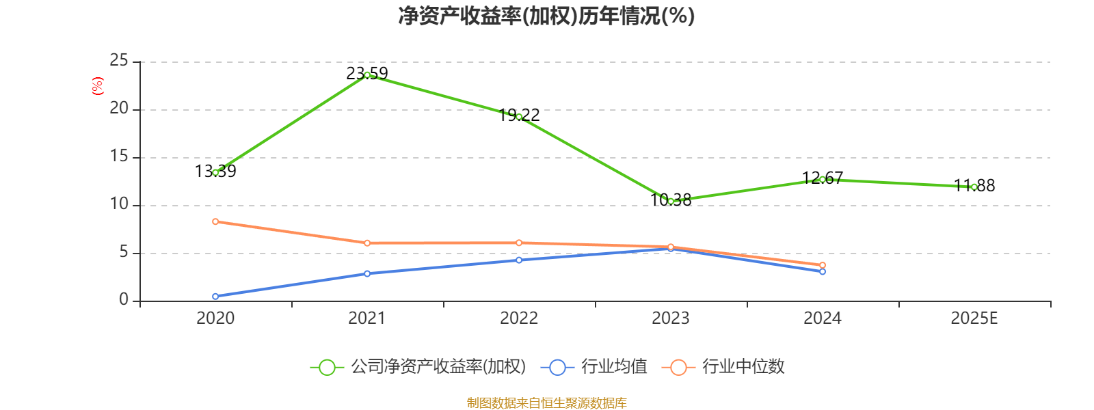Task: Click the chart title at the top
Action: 546,16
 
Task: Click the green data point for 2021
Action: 367,74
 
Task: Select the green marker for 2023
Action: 671,201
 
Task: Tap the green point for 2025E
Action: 974,187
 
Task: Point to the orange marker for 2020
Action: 215,221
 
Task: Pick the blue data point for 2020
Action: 215,296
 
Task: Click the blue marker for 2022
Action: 519,260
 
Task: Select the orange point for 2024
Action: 823,265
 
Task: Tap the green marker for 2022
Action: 519,117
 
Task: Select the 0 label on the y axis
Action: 124,300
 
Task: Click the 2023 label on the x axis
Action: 671,318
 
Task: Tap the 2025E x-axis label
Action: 974,318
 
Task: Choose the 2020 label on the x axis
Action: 215,318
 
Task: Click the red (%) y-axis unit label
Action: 98,86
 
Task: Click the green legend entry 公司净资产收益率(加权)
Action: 418,367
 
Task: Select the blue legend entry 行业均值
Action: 593,367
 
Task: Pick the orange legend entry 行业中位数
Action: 723,367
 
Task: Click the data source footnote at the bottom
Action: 546,402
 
